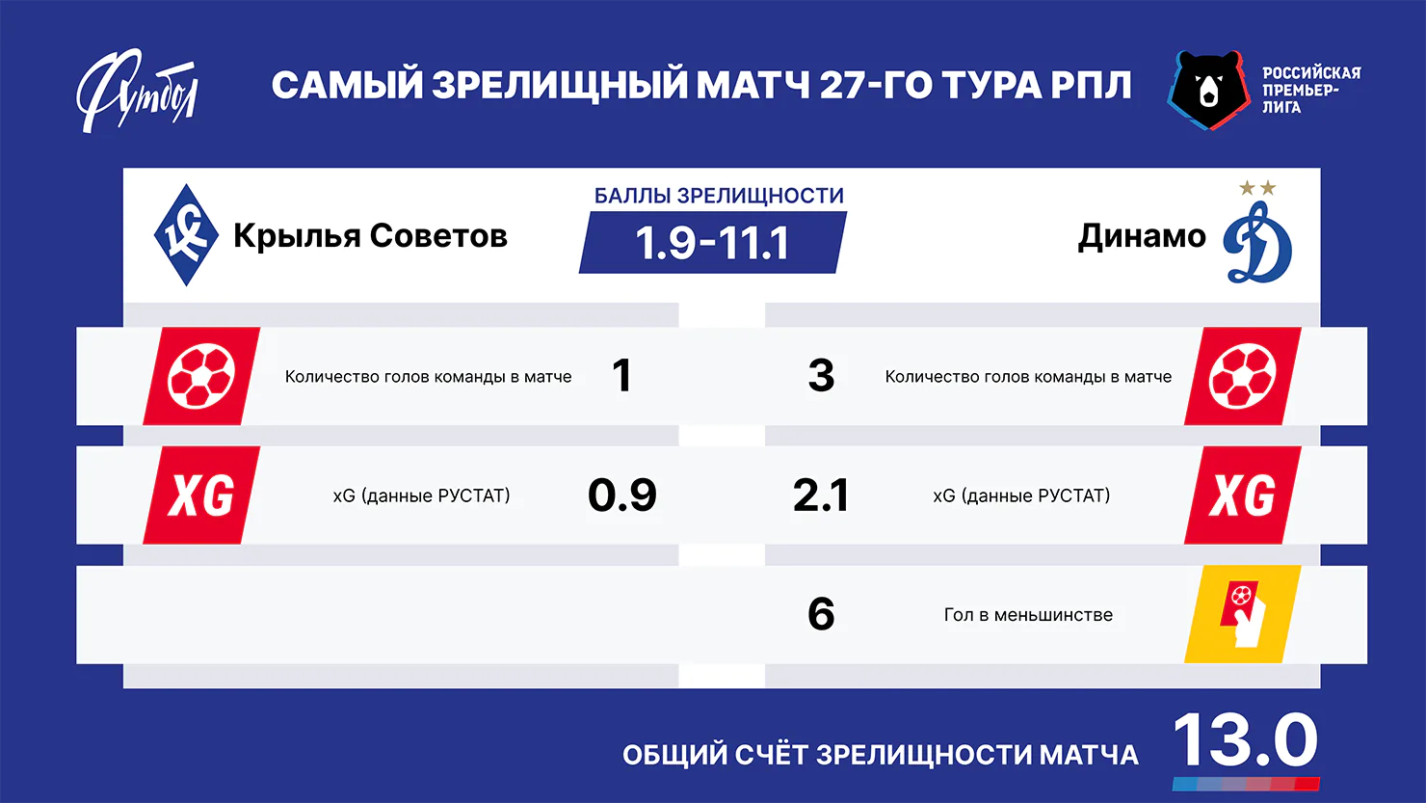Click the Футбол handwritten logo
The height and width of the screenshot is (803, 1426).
[x=137, y=91]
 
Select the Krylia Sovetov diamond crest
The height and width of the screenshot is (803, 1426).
[x=185, y=235]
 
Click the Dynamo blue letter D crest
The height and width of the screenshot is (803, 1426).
[x=1257, y=242]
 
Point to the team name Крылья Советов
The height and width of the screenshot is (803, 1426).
[x=370, y=236]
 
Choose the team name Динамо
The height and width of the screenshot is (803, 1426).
[x=1142, y=236]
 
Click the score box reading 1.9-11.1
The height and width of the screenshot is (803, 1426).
[x=712, y=243]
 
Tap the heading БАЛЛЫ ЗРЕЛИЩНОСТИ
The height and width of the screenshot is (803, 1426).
[x=719, y=196]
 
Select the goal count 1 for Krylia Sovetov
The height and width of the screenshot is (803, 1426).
[x=621, y=376]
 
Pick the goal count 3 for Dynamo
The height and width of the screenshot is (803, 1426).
[x=821, y=376]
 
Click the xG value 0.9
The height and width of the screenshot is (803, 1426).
[x=622, y=495]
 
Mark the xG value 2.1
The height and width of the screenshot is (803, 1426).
[x=821, y=495]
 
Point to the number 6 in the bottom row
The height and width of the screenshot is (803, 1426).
[x=821, y=614]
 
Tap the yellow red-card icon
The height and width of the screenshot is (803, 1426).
[x=1242, y=614]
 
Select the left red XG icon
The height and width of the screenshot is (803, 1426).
[x=201, y=495]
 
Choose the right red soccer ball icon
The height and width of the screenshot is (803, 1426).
[x=1242, y=376]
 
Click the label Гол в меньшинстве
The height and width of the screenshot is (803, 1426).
[x=1028, y=615]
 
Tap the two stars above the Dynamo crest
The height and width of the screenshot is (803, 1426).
[x=1257, y=188]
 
